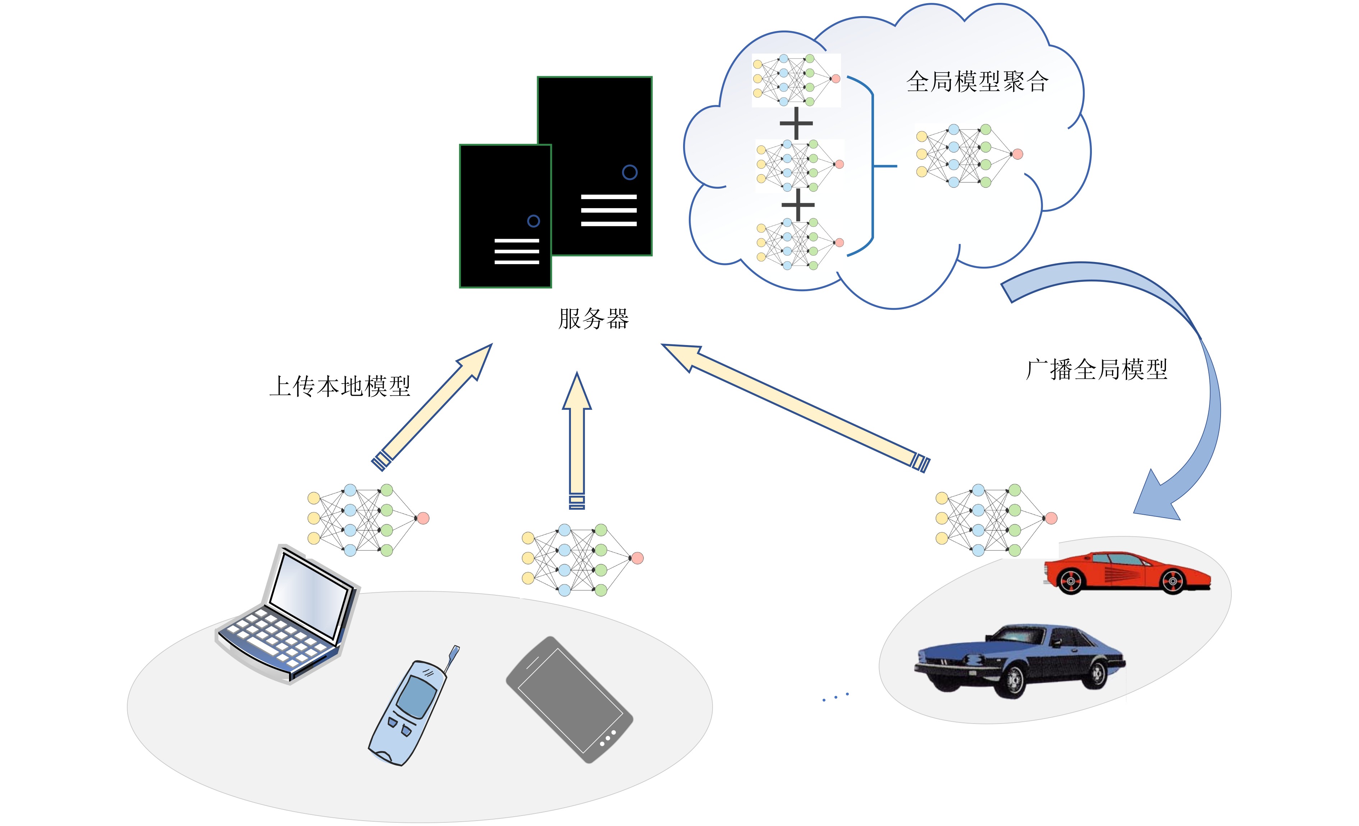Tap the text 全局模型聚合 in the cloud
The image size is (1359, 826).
[x=977, y=82]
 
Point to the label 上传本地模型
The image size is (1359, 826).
[x=340, y=386]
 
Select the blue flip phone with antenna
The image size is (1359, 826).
[x=408, y=711]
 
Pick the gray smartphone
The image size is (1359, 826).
[x=569, y=699]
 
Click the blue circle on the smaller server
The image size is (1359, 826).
[x=533, y=221]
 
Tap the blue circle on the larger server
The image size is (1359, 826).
[x=629, y=173]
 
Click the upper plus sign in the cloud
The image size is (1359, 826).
[x=796, y=123]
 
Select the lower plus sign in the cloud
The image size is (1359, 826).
[x=797, y=205]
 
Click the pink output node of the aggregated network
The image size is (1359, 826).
[x=1017, y=154]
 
